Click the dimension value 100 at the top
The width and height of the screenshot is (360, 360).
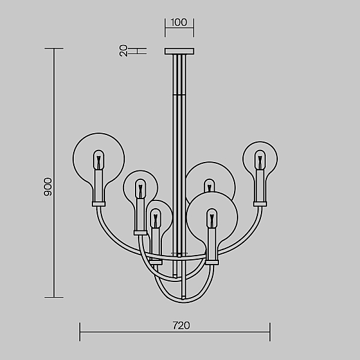pyautogui.click(x=179, y=22)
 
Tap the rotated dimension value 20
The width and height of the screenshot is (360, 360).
pyautogui.click(x=123, y=51)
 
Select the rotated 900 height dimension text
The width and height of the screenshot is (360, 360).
pyautogui.click(x=48, y=187)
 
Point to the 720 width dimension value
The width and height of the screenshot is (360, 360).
pyautogui.click(x=181, y=326)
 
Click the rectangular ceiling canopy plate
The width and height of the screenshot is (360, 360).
pyautogui.click(x=179, y=51)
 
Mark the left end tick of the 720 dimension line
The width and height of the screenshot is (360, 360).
pyautogui.click(x=80, y=332)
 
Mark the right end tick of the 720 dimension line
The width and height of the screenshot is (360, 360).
pyautogui.click(x=270, y=332)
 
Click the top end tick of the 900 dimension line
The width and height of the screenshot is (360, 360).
pyautogui.click(x=54, y=49)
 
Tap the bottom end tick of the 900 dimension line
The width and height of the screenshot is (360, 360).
pyautogui.click(x=54, y=297)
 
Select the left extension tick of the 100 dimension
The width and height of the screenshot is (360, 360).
pyautogui.click(x=165, y=28)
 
